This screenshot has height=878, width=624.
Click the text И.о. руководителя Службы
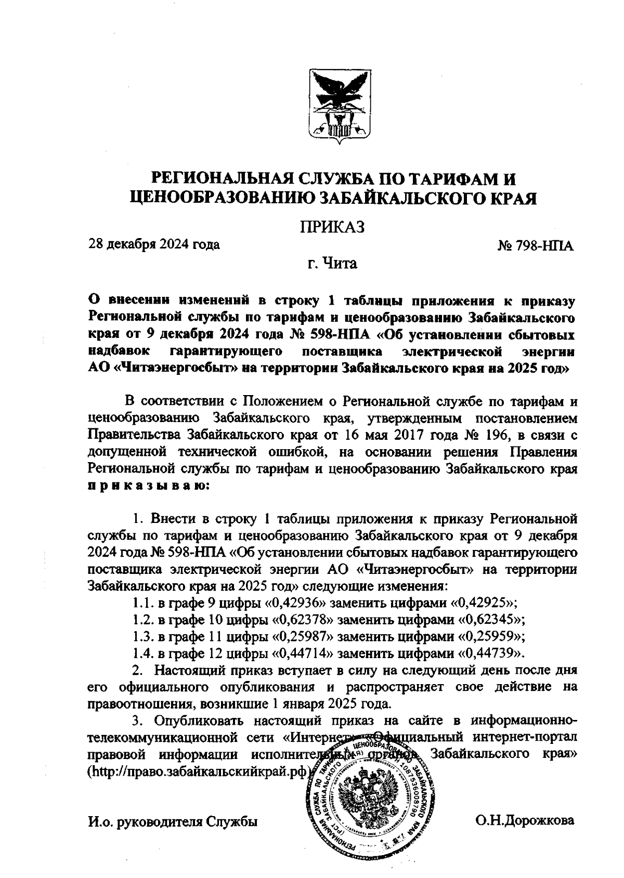[173, 822]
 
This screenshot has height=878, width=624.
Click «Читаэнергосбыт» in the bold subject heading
[176, 369]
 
